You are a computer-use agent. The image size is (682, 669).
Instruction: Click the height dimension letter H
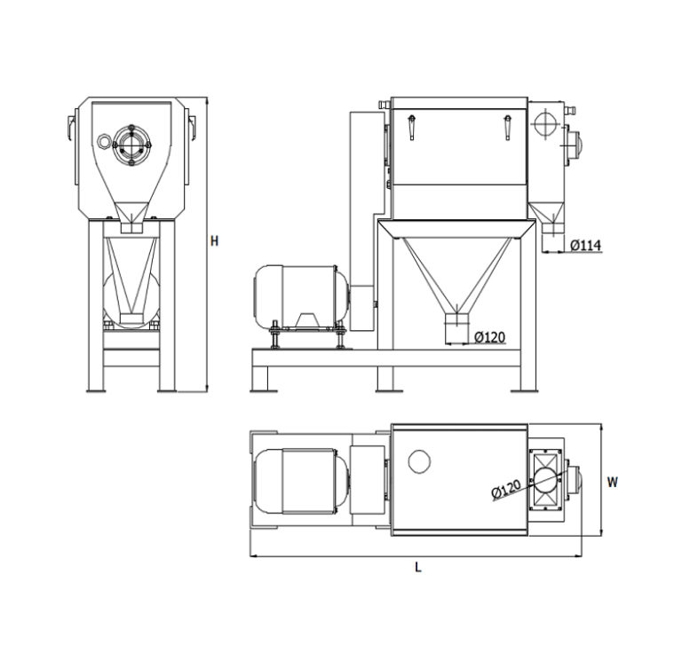214,240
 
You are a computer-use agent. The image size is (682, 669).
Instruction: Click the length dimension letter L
417,567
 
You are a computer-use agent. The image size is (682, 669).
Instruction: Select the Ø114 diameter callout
586,244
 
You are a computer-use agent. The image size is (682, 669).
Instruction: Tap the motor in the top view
297,482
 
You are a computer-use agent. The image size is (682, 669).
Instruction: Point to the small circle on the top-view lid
418,460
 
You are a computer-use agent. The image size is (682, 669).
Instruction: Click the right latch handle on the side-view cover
507,128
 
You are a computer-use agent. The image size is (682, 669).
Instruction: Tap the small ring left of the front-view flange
106,142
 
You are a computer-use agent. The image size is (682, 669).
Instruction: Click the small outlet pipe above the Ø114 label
551,226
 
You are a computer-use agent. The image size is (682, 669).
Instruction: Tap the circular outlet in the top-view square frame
545,480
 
